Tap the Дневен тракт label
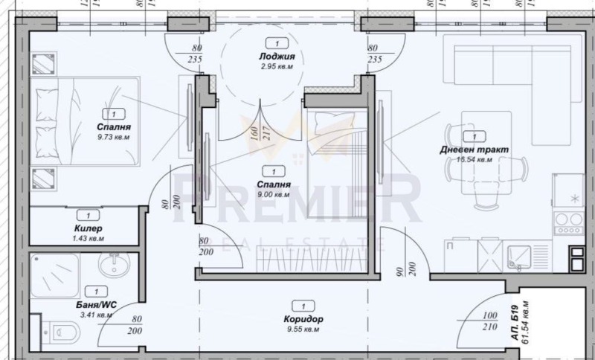pos(474,149)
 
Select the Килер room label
pos(89,228)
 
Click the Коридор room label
pos(303,319)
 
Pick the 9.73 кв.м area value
pos(113,137)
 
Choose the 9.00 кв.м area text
pos(273,194)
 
